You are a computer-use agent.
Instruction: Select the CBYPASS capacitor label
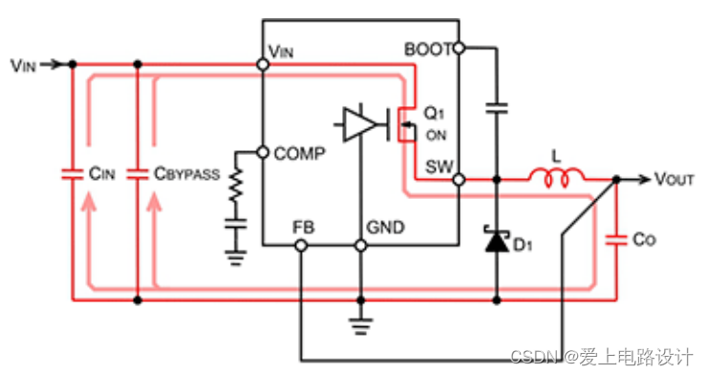coord(187,175)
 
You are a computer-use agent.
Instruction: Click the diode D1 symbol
coord(496,243)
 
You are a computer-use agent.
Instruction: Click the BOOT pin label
coord(427,48)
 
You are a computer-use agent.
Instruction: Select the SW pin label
coord(439,166)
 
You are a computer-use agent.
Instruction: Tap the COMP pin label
coord(300,153)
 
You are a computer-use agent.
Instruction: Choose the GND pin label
coord(386,228)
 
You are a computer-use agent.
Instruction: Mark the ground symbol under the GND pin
coord(360,323)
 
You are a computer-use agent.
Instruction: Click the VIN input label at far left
coord(24,65)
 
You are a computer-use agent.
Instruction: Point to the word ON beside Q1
coord(436,134)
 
